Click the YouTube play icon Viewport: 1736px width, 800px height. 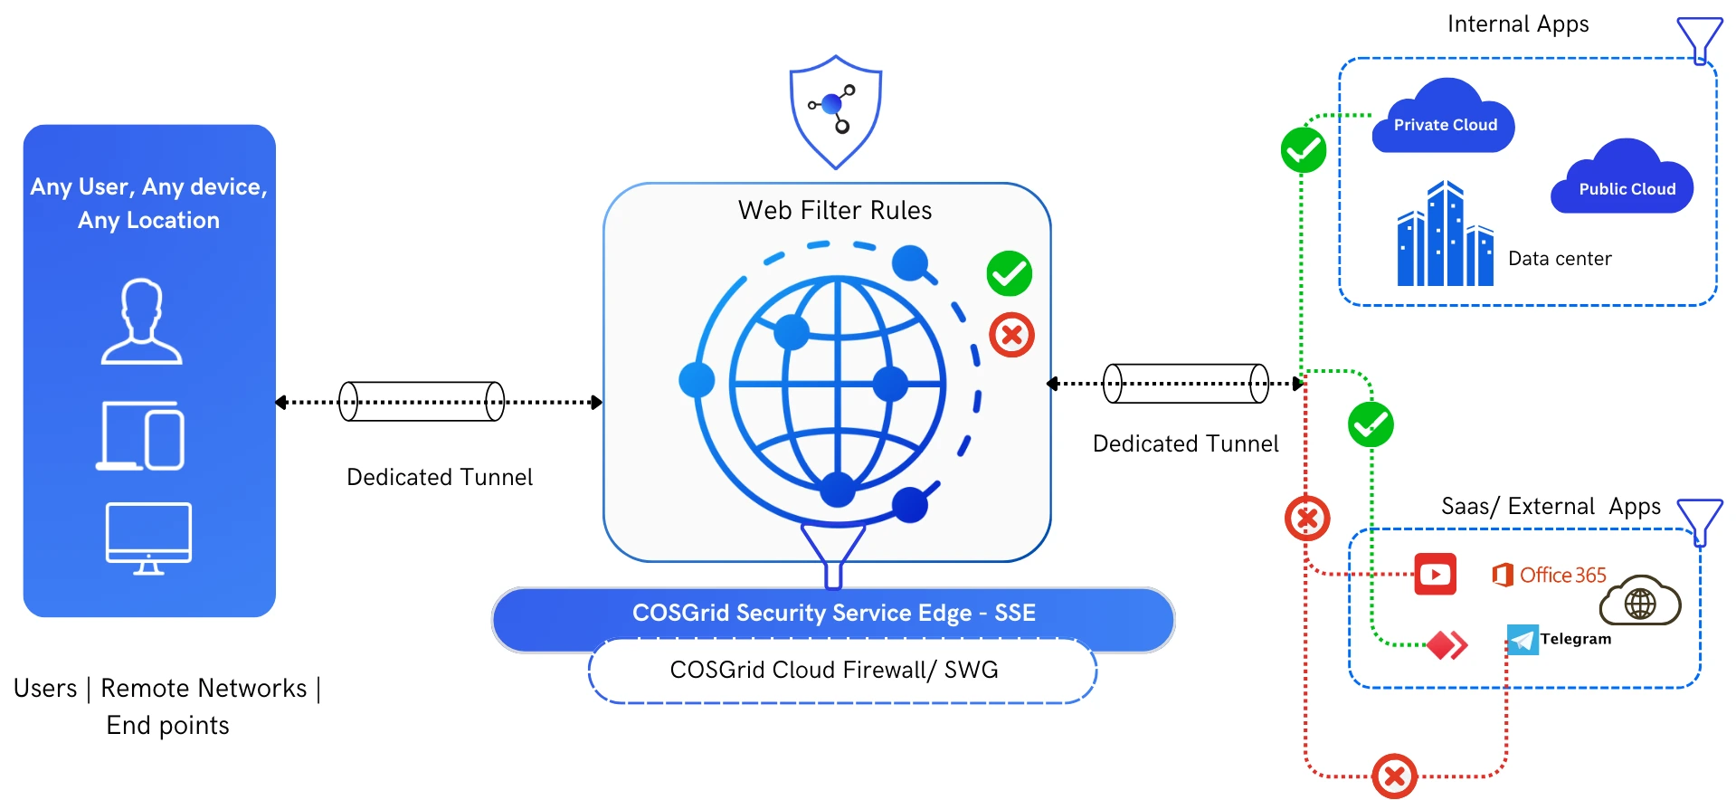click(x=1435, y=574)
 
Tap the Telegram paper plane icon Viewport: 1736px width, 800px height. click(x=1523, y=640)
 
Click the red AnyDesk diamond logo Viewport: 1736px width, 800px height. click(x=1447, y=645)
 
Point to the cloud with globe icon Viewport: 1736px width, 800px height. click(x=1640, y=602)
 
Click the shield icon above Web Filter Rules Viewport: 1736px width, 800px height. click(x=835, y=111)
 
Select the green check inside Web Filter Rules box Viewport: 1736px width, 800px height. click(x=1009, y=273)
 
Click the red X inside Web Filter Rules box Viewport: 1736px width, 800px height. click(x=1011, y=335)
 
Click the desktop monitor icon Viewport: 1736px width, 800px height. click(x=148, y=538)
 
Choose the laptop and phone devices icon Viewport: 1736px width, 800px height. click(x=141, y=436)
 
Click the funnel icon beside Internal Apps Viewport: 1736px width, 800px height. click(x=1699, y=39)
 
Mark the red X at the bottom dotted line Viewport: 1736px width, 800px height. click(x=1394, y=776)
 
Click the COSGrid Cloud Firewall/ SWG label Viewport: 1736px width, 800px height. click(x=834, y=670)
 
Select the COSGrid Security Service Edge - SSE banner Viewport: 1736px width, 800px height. click(x=833, y=614)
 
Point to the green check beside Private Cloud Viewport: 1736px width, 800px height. click(x=1303, y=150)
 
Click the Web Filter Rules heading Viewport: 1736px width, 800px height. click(x=834, y=211)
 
